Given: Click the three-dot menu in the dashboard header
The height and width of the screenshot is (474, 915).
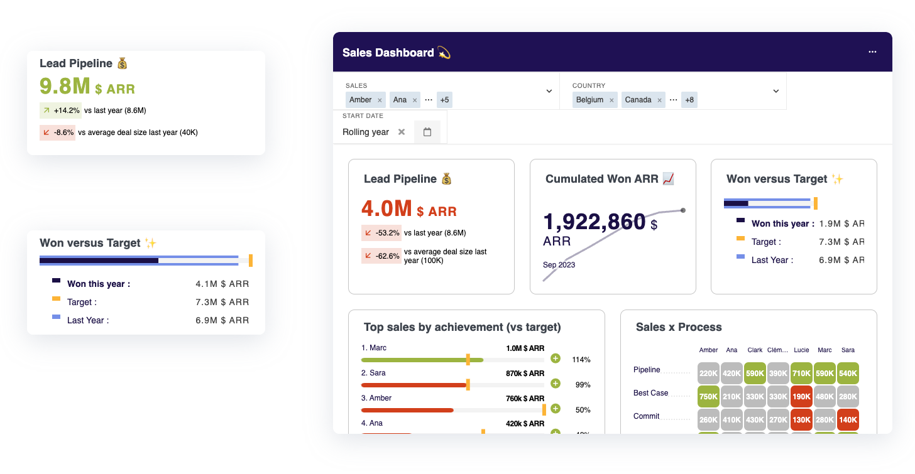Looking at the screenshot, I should [872, 52].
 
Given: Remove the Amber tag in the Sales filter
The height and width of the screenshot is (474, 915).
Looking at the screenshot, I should [380, 100].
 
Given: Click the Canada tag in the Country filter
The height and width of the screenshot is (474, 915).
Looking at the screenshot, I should [638, 100].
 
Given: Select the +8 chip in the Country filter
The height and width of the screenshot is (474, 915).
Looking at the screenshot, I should [690, 100].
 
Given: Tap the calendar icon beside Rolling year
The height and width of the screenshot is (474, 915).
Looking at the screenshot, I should [427, 132].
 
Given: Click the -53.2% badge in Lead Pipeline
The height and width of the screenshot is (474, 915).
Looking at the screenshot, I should [381, 233].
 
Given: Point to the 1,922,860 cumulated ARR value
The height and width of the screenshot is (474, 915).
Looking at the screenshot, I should [594, 222].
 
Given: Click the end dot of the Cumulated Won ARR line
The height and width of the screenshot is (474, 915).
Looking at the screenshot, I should [683, 210].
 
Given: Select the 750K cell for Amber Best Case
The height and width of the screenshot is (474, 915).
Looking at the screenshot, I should [709, 396].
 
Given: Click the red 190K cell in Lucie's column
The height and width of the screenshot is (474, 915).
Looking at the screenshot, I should [802, 396].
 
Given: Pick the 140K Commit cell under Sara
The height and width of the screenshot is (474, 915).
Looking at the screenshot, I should [848, 420].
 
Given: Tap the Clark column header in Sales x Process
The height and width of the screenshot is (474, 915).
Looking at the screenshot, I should [755, 350].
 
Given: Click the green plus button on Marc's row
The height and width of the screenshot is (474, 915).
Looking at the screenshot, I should [555, 358].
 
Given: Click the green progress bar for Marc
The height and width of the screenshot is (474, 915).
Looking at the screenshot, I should [421, 360].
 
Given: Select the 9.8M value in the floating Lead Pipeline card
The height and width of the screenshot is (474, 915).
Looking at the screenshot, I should [65, 86].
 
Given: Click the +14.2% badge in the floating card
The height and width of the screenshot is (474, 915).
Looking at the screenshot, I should [60, 110].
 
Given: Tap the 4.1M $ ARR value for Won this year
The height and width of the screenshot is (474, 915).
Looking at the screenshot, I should [222, 284].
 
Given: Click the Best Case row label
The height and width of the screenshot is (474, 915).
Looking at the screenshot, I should [650, 393].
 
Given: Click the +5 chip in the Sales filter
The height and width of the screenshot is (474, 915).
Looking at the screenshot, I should [444, 100].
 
